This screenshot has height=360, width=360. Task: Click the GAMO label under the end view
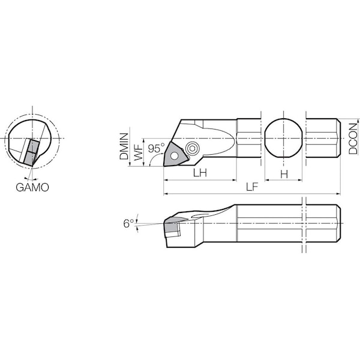32,187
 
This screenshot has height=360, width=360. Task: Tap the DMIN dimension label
124,146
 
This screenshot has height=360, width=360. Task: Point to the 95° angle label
156,148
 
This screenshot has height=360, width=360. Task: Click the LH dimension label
200,173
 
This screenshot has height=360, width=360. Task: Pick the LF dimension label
252,187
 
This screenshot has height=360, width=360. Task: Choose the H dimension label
284,175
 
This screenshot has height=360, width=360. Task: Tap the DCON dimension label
353,139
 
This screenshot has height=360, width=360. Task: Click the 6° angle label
128,223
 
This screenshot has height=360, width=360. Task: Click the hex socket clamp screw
192,149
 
